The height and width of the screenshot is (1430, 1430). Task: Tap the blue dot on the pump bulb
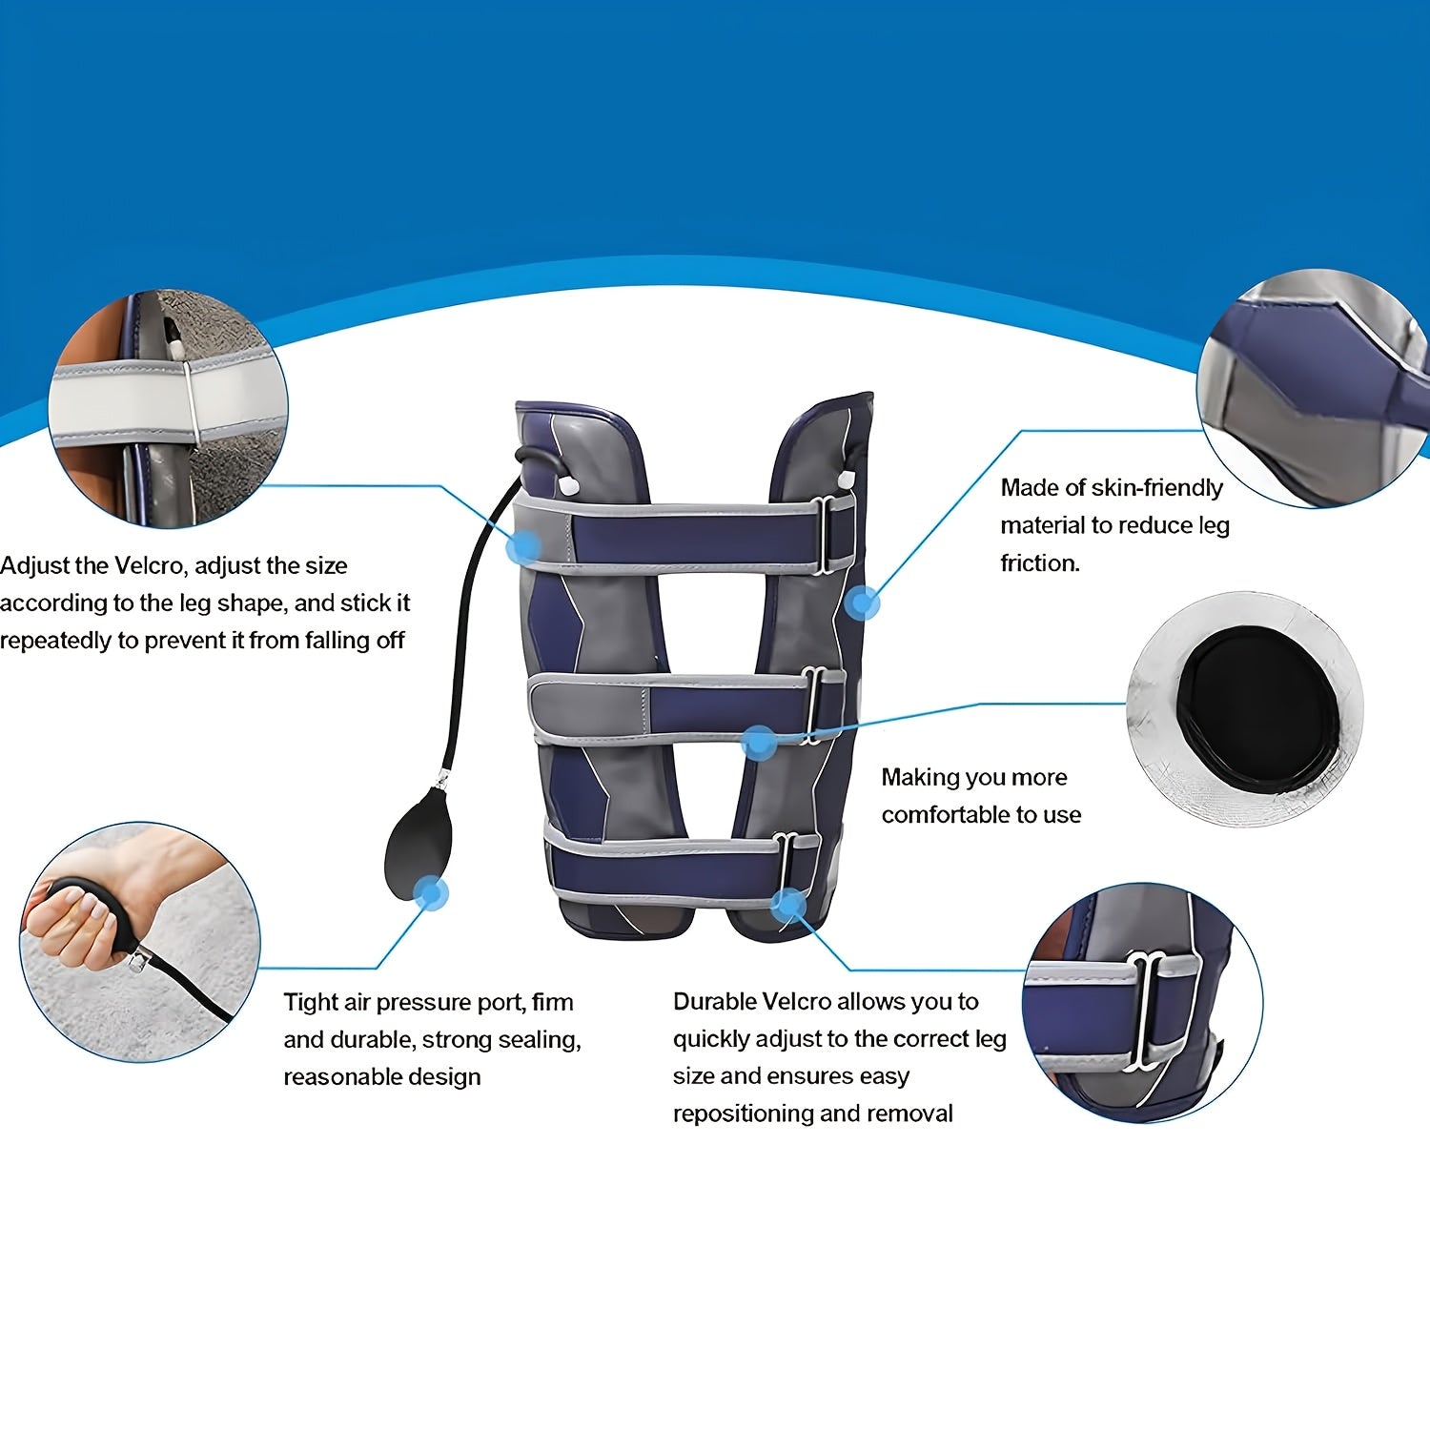[x=431, y=893]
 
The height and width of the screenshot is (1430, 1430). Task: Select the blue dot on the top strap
[x=524, y=547]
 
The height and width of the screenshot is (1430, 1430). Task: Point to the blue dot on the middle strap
[x=759, y=743]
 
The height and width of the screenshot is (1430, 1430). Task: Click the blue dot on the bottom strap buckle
[x=788, y=903]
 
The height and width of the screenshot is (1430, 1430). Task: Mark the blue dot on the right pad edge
[x=863, y=603]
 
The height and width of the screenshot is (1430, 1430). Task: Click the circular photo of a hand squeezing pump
[x=140, y=943]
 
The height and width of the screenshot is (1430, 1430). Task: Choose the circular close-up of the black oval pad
[x=1245, y=710]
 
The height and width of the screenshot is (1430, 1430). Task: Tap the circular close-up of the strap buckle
[x=1142, y=1002]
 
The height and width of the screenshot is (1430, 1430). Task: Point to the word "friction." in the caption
[x=1040, y=562]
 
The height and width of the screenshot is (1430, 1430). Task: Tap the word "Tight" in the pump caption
[x=312, y=1003]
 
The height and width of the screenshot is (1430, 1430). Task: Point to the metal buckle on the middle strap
[x=814, y=705]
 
